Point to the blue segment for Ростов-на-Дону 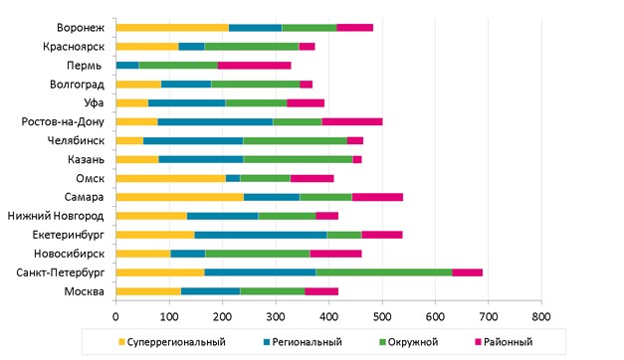[215, 121]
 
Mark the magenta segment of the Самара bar [377, 197]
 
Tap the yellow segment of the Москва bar [148, 290]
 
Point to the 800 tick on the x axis [540, 315]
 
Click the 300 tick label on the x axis [276, 315]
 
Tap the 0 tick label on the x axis [116, 315]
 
